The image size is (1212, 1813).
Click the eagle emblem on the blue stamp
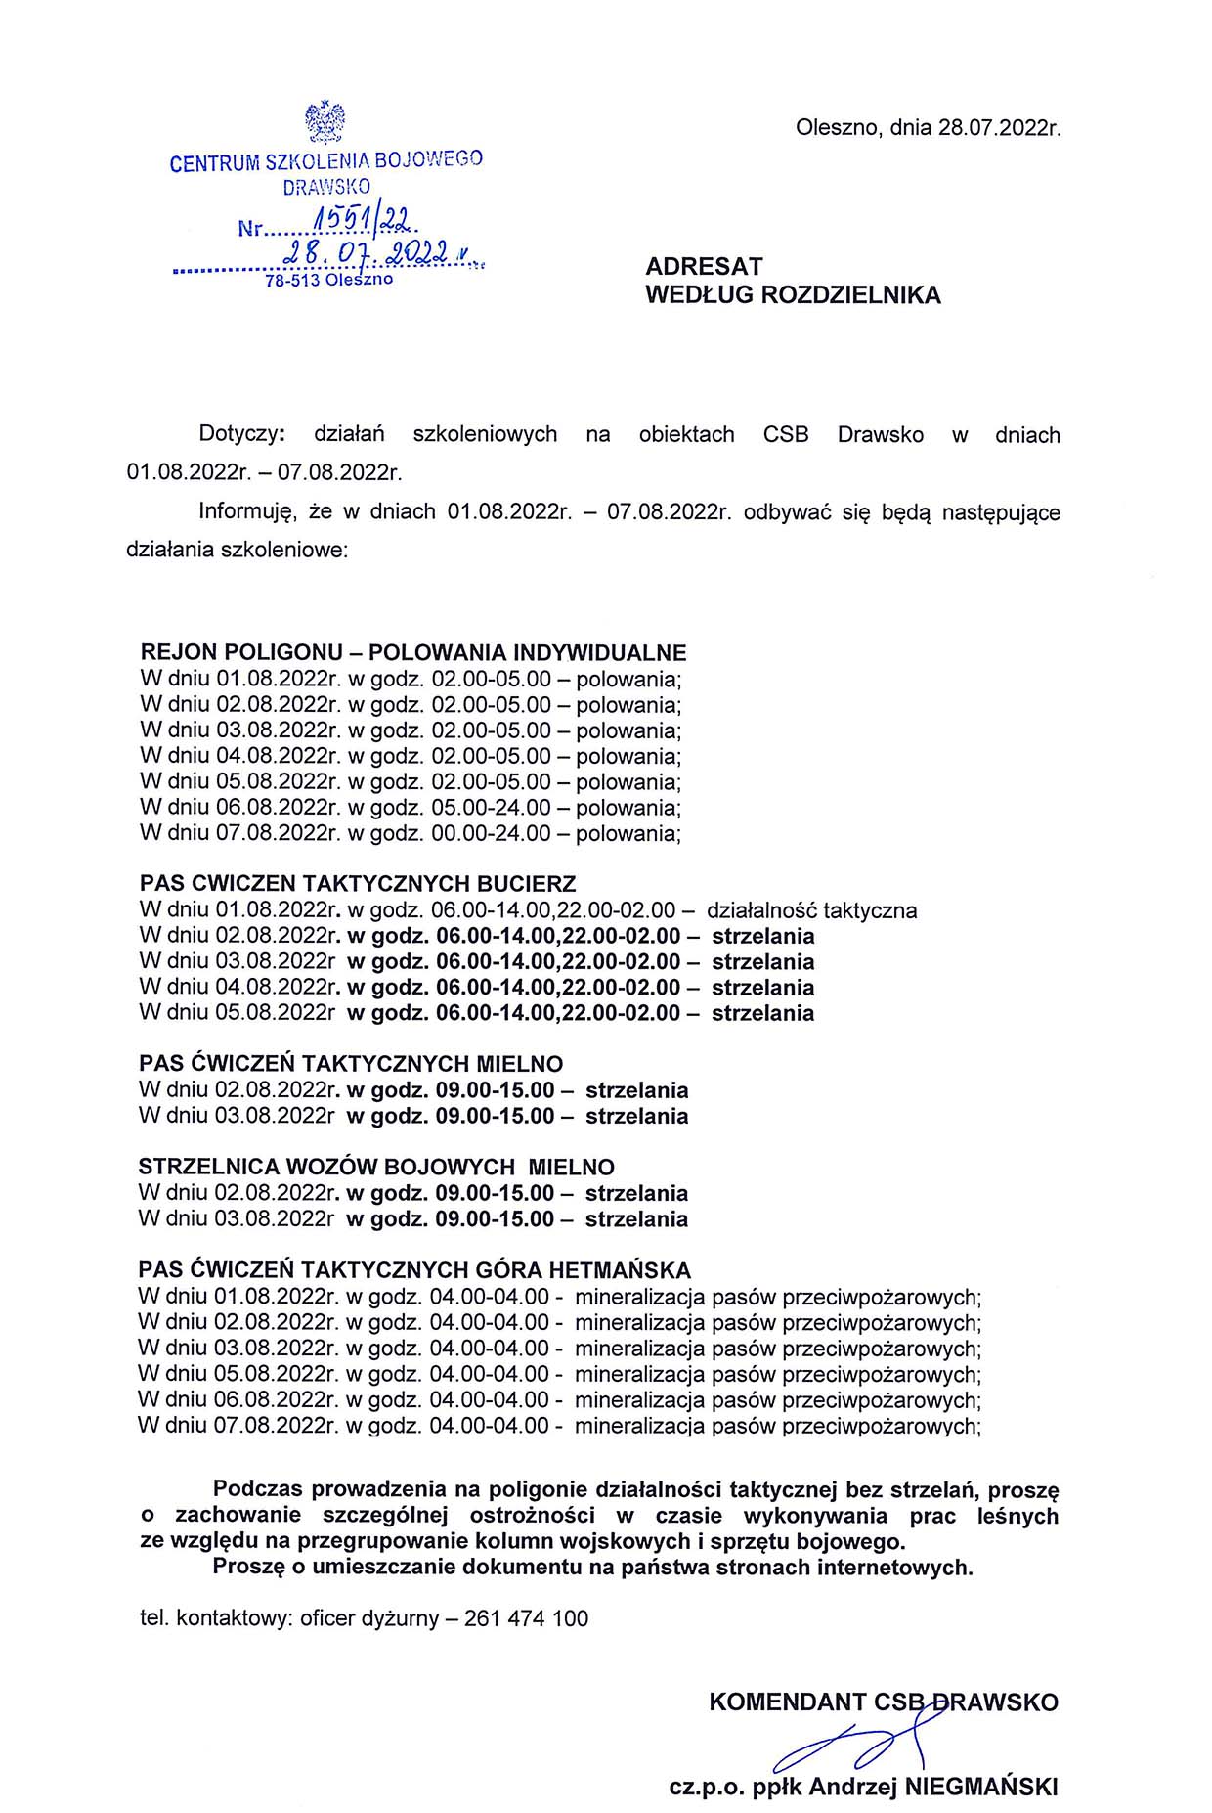pos(325,121)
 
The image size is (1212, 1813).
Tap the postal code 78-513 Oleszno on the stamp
pos(328,280)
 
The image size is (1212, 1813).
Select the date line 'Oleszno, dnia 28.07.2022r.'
pos(928,128)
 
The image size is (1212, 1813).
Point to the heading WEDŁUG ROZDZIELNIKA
pos(793,295)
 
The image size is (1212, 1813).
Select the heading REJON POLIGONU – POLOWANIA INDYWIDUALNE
pos(413,652)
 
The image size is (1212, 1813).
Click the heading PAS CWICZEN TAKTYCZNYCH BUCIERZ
pos(358,883)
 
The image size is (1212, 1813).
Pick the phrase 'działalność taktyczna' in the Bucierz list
pos(811,910)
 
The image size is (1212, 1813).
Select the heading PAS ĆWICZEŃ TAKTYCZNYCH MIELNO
pos(351,1063)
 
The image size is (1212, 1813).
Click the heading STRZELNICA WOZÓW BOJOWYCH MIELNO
pos(376,1167)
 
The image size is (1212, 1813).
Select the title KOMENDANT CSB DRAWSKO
pos(883,1702)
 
